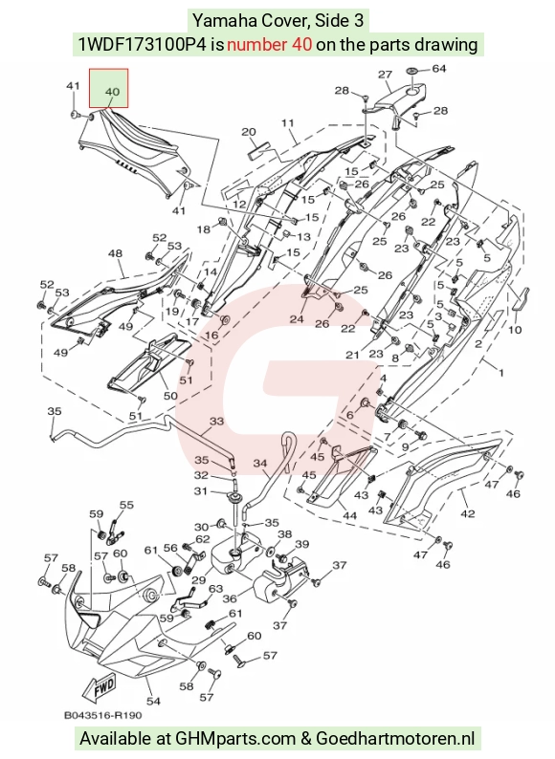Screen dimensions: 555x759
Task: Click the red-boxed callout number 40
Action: [x=112, y=92]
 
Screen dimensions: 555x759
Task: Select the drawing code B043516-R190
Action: [x=103, y=715]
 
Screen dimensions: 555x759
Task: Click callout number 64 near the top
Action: [x=438, y=69]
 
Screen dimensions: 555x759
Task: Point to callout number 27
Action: [x=385, y=75]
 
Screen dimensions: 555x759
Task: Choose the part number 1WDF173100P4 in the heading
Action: [x=143, y=45]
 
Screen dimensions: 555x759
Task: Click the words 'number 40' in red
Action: [x=270, y=45]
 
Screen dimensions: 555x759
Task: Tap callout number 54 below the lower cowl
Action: [x=153, y=701]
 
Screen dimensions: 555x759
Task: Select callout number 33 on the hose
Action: [x=216, y=422]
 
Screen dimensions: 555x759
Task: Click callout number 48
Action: [x=116, y=253]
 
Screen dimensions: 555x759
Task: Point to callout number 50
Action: [x=170, y=396]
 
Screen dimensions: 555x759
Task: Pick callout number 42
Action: [x=468, y=513]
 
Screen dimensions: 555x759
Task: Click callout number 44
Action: [x=349, y=516]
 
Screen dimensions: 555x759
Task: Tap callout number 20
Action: [x=249, y=132]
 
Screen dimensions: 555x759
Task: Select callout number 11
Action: [x=287, y=123]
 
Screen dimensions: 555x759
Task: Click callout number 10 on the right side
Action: [x=515, y=330]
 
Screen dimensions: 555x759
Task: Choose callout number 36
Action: [x=230, y=598]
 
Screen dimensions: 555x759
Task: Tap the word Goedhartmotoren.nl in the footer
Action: [x=395, y=739]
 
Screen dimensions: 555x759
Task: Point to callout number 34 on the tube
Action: [x=260, y=464]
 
